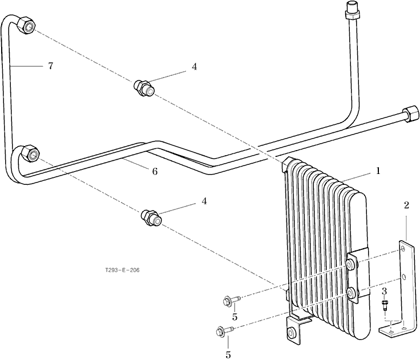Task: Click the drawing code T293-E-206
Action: coord(123,270)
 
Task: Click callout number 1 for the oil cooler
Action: coord(378,171)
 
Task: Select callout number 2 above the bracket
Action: coord(407,205)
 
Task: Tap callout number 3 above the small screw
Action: coord(385,291)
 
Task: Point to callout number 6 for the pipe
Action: coord(155,171)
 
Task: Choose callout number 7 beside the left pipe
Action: coord(51,66)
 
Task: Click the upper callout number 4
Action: coord(194,67)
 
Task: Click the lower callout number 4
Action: coord(204,201)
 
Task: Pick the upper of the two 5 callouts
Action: coord(235,317)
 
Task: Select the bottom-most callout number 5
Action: coord(228,355)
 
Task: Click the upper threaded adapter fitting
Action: coord(144,88)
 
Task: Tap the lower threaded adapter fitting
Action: coord(151,218)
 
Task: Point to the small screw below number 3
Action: coord(384,306)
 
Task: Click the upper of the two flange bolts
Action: coord(232,300)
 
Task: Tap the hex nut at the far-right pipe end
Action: coord(410,114)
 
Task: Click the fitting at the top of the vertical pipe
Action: coord(351,10)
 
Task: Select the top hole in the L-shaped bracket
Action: coord(403,249)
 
